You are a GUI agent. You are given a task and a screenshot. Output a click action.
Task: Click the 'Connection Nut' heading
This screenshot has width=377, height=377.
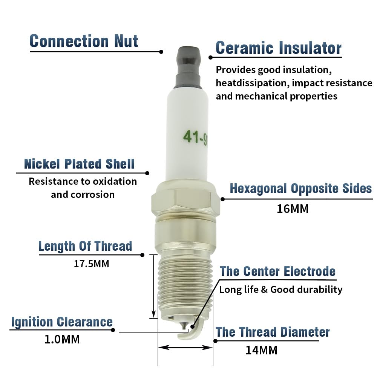(84, 41)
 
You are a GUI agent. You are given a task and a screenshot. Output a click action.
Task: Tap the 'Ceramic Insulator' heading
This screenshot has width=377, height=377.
(279, 48)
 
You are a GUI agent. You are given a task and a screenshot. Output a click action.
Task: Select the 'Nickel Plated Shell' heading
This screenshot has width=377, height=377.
(79, 164)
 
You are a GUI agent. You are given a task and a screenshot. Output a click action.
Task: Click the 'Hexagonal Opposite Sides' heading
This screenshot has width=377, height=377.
(301, 188)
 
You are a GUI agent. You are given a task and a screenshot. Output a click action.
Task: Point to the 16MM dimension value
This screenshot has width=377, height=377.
(293, 209)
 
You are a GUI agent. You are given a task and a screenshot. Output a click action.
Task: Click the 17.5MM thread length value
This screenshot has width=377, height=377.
(91, 264)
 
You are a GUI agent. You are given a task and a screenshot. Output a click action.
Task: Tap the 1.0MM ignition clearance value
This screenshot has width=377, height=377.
(62, 339)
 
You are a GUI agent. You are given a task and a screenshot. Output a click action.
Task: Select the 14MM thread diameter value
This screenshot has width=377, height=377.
(261, 350)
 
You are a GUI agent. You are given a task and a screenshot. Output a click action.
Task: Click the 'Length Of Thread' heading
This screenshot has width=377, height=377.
(85, 246)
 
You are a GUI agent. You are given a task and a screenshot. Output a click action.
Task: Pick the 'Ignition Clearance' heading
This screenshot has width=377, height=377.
(62, 322)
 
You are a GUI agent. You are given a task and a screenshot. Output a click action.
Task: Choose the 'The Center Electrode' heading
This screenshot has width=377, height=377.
(278, 271)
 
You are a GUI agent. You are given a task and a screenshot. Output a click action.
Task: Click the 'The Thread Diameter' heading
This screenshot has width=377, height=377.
(273, 332)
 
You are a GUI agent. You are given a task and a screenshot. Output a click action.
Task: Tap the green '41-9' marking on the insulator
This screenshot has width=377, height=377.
(195, 138)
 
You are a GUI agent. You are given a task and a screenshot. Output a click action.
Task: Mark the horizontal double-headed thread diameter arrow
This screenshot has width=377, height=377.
(185, 348)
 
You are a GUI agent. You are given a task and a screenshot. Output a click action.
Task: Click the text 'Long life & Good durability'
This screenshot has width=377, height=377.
(280, 290)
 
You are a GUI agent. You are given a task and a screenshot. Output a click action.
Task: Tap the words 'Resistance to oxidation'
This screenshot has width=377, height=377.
(83, 181)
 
